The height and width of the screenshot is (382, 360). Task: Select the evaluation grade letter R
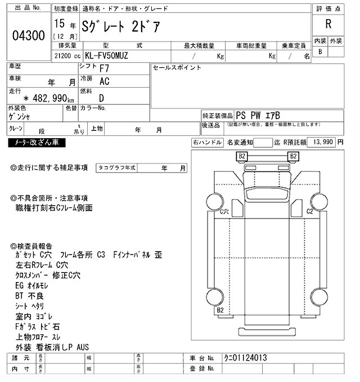tap(328, 24)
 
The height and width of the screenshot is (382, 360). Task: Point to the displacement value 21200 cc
tap(66, 56)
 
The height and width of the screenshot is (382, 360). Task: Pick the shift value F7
tap(105, 69)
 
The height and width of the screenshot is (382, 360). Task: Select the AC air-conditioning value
tap(104, 81)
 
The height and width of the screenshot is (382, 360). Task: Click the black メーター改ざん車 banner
tap(37, 143)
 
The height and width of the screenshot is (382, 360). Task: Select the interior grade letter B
tap(320, 52)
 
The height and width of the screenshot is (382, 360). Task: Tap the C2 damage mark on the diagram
tap(309, 211)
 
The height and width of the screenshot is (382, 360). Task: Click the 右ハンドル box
tap(207, 143)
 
